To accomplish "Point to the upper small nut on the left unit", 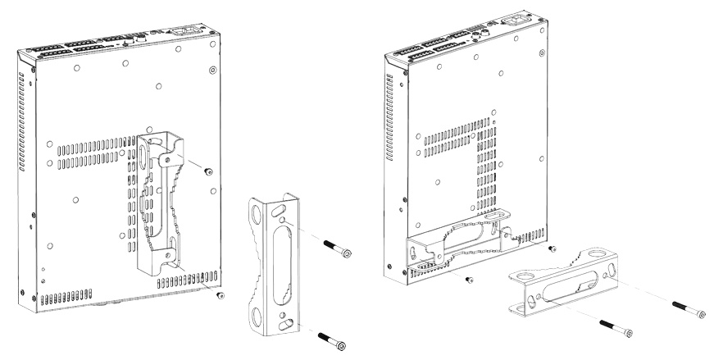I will (208, 171).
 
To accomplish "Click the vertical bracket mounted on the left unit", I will (161, 205).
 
